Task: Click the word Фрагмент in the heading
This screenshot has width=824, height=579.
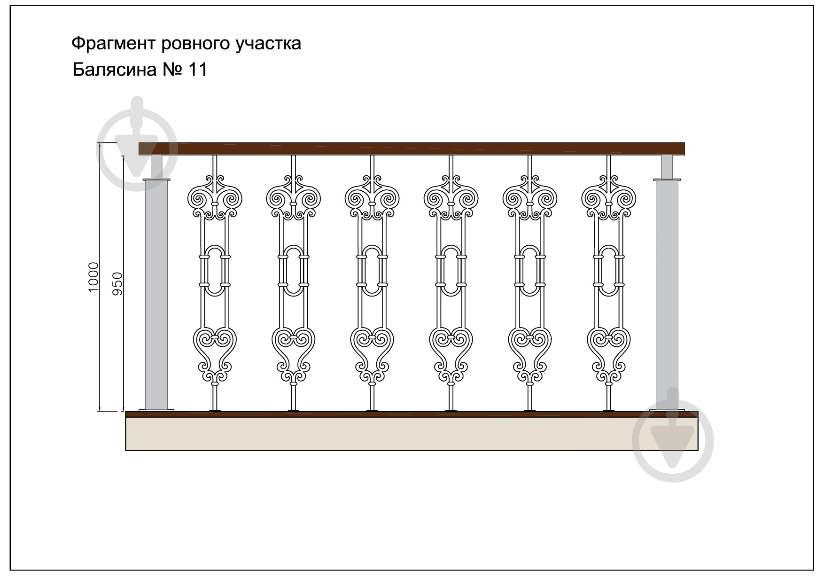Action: [114, 44]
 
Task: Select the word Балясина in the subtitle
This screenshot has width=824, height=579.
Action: [115, 70]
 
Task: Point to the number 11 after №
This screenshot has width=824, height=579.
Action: [197, 70]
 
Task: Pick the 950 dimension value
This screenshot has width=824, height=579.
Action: [117, 284]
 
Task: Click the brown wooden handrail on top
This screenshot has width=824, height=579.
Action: [412, 149]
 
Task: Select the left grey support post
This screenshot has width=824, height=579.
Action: [156, 294]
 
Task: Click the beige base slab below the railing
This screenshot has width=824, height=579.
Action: [412, 434]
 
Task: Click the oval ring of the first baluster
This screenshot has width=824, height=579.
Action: [215, 271]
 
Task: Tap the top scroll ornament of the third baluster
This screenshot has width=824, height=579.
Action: [372, 197]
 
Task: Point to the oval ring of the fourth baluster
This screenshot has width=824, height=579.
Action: [451, 271]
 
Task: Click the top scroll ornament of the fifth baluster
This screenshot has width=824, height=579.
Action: [530, 197]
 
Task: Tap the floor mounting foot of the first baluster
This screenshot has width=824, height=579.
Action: [215, 411]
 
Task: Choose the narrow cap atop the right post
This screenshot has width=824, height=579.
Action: [667, 167]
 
